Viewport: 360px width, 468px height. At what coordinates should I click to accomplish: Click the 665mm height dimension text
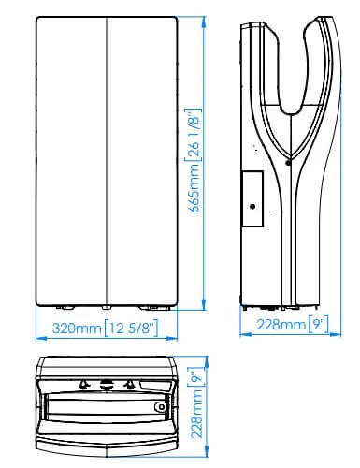click(194, 187)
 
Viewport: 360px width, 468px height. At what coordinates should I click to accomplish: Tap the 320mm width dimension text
click(77, 329)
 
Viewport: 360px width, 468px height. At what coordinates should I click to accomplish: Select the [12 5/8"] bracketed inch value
click(131, 328)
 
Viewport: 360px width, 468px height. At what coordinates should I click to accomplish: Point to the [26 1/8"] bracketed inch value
click(194, 135)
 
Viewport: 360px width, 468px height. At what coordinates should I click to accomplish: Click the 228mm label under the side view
click(281, 325)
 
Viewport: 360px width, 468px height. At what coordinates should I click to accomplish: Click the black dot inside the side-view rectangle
click(252, 207)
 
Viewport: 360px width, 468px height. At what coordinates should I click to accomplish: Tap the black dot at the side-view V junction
click(288, 163)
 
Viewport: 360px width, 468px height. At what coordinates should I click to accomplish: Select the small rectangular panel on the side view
click(252, 198)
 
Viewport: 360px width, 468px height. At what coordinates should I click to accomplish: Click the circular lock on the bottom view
click(161, 406)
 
